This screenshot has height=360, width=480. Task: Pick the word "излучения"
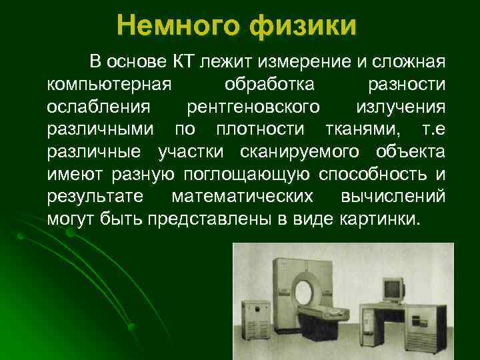401,107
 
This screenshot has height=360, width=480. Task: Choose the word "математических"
242,196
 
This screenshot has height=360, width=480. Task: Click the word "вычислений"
393,196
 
